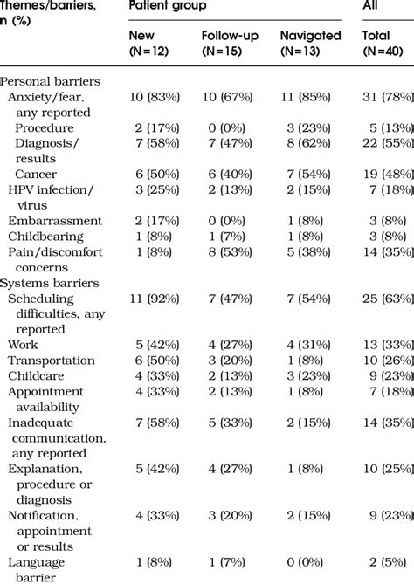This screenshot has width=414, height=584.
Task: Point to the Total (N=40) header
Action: coord(383,43)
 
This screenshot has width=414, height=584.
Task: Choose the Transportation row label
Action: coord(52,361)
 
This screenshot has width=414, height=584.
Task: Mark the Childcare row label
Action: coord(38,376)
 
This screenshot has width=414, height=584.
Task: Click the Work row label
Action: coord(24,345)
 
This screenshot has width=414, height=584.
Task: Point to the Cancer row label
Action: coord(36,175)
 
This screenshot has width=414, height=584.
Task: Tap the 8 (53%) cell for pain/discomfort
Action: coord(228,252)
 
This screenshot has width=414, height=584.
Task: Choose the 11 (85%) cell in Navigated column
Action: coord(308,97)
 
